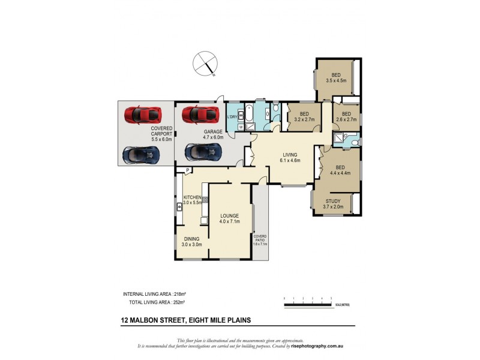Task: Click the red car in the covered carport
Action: click(142, 113)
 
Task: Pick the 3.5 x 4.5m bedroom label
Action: click(335, 77)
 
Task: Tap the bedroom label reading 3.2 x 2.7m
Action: click(304, 116)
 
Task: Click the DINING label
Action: click(192, 241)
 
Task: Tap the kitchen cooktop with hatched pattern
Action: click(205, 199)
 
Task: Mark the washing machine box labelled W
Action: click(241, 127)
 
